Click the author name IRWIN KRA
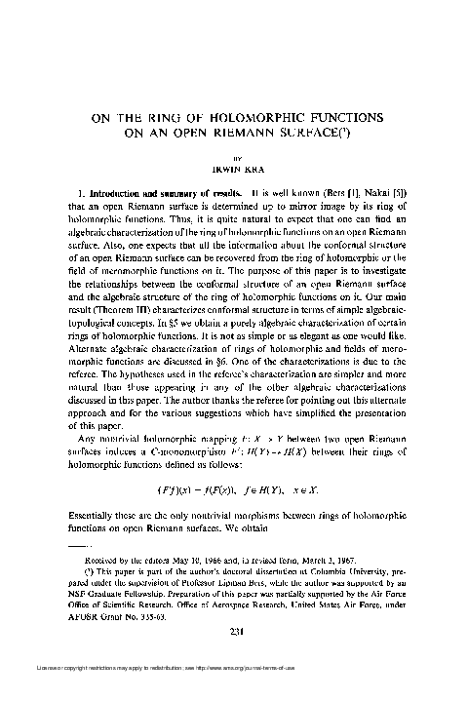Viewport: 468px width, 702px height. [x=235, y=168]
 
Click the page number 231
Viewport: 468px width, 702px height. [x=235, y=604]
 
